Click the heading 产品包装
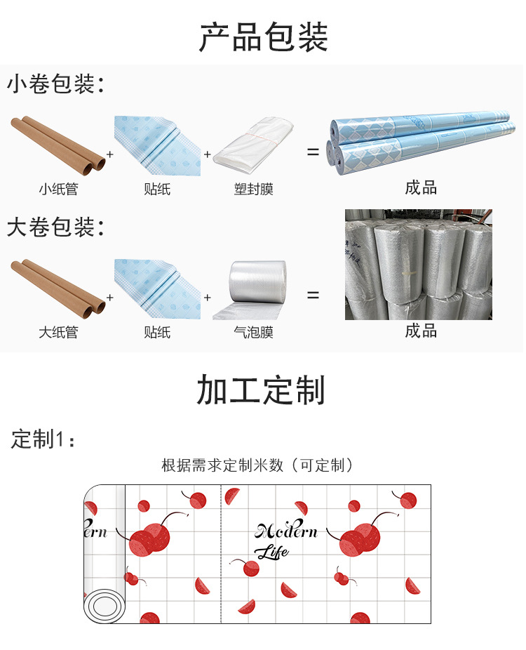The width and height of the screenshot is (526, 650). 263,37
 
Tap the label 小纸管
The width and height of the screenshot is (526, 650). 58,189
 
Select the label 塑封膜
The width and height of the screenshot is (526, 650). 253,189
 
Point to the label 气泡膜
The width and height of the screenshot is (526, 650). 253,332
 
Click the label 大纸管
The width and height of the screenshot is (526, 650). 58,332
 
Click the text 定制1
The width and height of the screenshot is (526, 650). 42,439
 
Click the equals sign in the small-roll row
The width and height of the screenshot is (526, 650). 313,152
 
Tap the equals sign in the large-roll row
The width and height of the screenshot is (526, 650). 313,296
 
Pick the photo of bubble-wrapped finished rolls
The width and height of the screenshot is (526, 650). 418,264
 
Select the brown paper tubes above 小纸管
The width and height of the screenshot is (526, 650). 58,145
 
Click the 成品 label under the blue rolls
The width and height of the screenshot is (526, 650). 421,187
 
